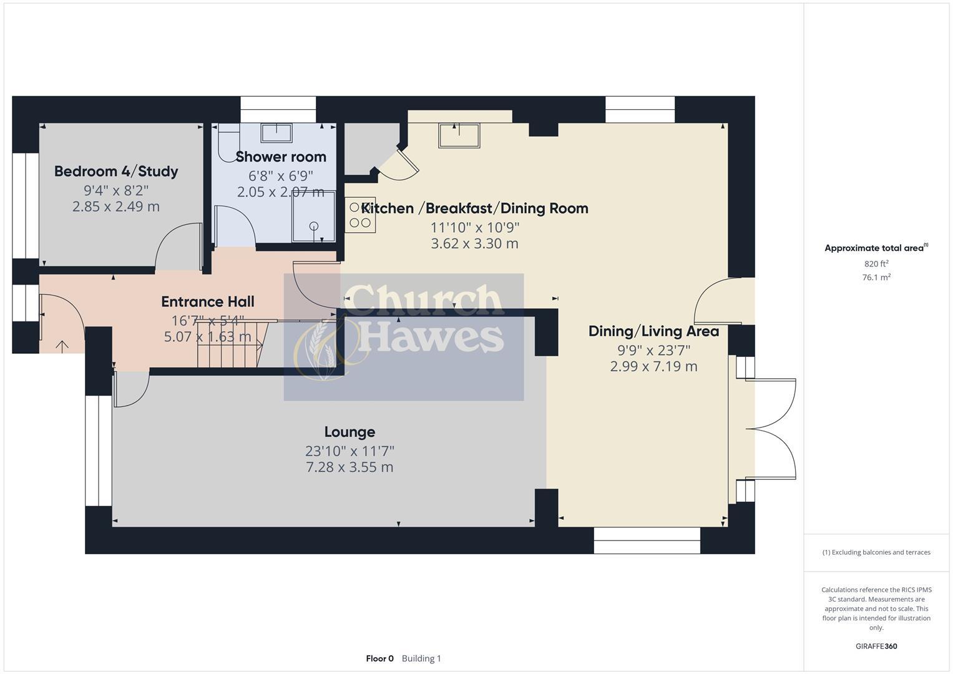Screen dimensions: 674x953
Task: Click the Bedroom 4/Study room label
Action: pyautogui.click(x=116, y=172)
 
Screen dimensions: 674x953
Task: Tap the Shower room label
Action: pyautogui.click(x=281, y=157)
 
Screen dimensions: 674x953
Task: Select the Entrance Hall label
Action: pyautogui.click(x=207, y=302)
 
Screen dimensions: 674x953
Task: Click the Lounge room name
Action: pyautogui.click(x=349, y=432)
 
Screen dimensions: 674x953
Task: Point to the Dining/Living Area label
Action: pyautogui.click(x=653, y=331)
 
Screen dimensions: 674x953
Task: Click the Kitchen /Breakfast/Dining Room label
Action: pyautogui.click(x=475, y=208)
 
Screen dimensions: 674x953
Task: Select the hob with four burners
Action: pyautogui.click(x=360, y=215)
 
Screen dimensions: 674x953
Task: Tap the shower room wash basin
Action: pyautogui.click(x=276, y=133)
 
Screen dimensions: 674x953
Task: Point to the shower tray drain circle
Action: pyautogui.click(x=314, y=226)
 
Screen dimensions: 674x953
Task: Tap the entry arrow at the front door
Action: pyautogui.click(x=62, y=345)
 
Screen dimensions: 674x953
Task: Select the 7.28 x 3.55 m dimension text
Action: pyautogui.click(x=349, y=467)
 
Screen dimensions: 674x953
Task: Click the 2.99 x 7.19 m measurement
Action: pyautogui.click(x=653, y=366)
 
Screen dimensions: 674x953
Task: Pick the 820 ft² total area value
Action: pyautogui.click(x=876, y=264)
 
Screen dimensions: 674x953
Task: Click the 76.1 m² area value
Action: pyautogui.click(x=876, y=278)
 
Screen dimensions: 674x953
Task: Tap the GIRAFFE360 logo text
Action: pyautogui.click(x=876, y=647)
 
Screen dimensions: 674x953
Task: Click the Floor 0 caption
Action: pyautogui.click(x=379, y=658)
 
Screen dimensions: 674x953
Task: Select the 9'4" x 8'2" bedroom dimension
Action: pyautogui.click(x=116, y=190)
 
